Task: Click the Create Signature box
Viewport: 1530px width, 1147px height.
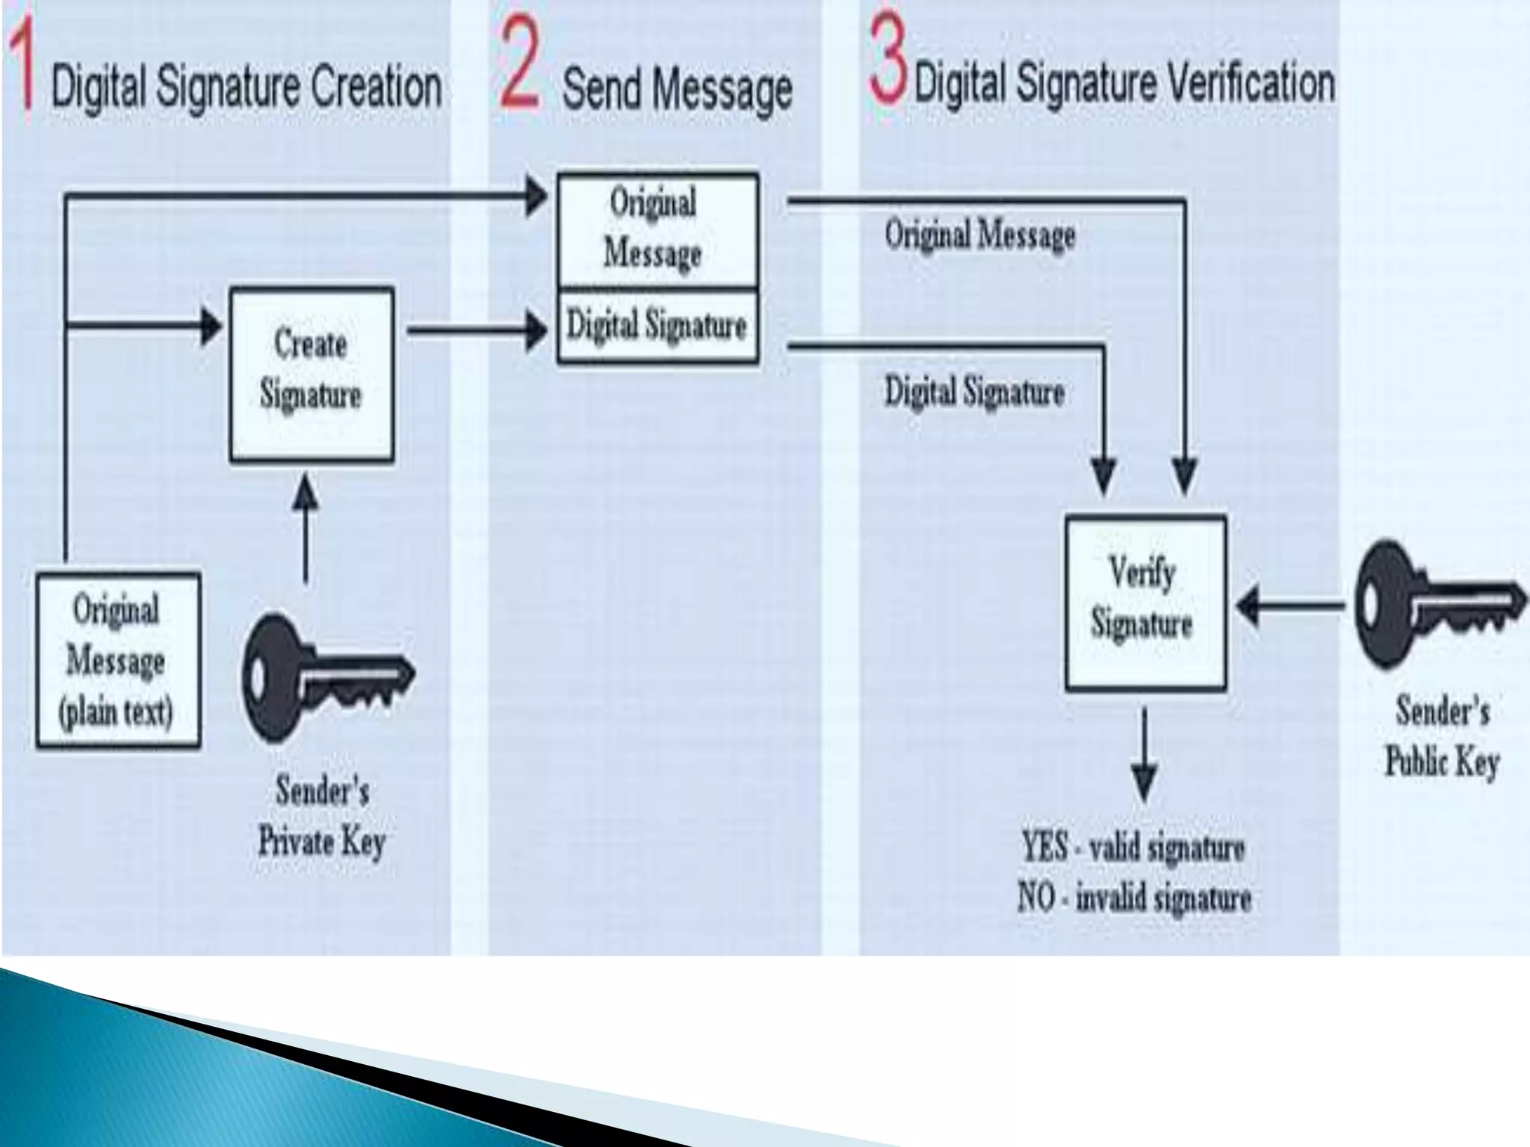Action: pos(312,375)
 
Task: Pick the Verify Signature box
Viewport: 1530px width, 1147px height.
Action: pos(1145,602)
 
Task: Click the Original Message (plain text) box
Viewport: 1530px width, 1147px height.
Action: pos(118,660)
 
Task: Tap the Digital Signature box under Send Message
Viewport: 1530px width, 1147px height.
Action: pos(657,326)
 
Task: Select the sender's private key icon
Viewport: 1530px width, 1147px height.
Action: pos(326,677)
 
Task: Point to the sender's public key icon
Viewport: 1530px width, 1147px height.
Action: pos(1438,603)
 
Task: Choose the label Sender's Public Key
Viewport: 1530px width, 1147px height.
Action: pos(1443,736)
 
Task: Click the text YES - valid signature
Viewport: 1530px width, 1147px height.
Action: pos(1133,848)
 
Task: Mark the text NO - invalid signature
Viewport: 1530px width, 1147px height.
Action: pos(1134,898)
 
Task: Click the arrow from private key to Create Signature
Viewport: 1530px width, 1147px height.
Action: pos(305,526)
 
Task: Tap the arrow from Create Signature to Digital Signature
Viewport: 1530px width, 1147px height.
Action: pos(478,330)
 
